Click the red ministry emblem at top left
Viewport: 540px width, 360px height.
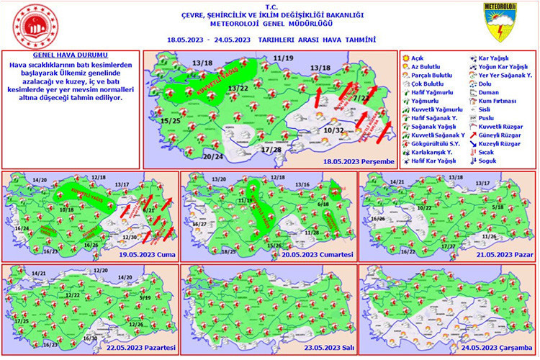pos(35,23)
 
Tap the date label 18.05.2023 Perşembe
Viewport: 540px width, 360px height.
pos(358,161)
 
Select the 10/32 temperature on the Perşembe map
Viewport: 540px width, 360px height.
pos(333,130)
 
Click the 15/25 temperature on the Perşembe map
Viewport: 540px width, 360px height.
pos(171,120)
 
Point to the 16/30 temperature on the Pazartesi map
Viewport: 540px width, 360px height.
pos(91,338)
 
